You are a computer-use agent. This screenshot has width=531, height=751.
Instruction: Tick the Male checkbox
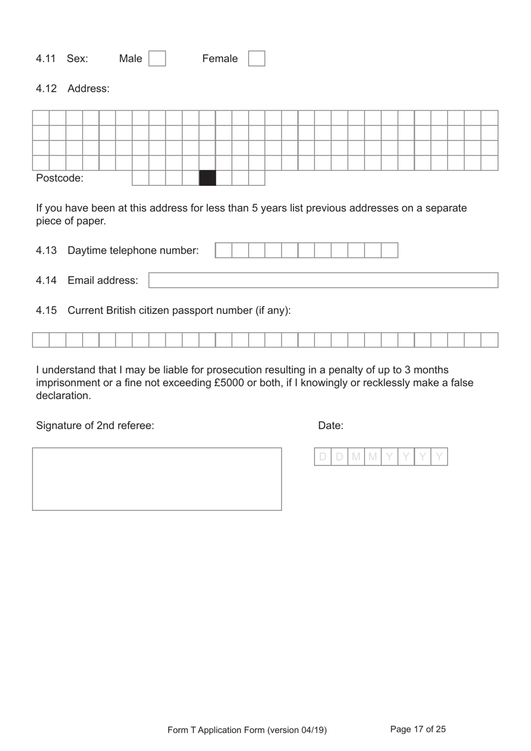click(157, 59)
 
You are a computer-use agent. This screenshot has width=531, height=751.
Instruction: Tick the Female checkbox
click(256, 59)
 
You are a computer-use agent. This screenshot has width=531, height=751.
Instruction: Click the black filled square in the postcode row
click(207, 178)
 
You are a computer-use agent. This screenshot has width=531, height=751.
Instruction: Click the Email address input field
click(323, 280)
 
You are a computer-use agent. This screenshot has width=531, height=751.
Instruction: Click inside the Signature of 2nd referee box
click(157, 479)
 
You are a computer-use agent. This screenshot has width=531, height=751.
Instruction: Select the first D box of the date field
click(323, 457)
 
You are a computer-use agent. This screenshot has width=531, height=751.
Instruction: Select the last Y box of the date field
click(439, 457)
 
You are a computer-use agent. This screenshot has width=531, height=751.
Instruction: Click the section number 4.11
click(46, 59)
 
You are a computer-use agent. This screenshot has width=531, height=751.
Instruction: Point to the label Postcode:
click(59, 179)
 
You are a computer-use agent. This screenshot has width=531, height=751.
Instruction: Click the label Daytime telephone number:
click(133, 251)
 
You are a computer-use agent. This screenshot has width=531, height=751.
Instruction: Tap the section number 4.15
click(46, 311)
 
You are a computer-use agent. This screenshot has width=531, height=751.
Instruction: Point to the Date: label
click(330, 426)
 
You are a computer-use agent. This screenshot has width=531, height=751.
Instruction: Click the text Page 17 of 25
click(418, 729)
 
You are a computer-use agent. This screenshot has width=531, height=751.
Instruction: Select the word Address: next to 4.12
click(88, 89)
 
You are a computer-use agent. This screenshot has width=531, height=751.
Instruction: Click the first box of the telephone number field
click(224, 250)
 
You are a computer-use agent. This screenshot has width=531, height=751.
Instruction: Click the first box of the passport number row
click(41, 340)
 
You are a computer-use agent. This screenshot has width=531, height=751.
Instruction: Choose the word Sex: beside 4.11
click(77, 59)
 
